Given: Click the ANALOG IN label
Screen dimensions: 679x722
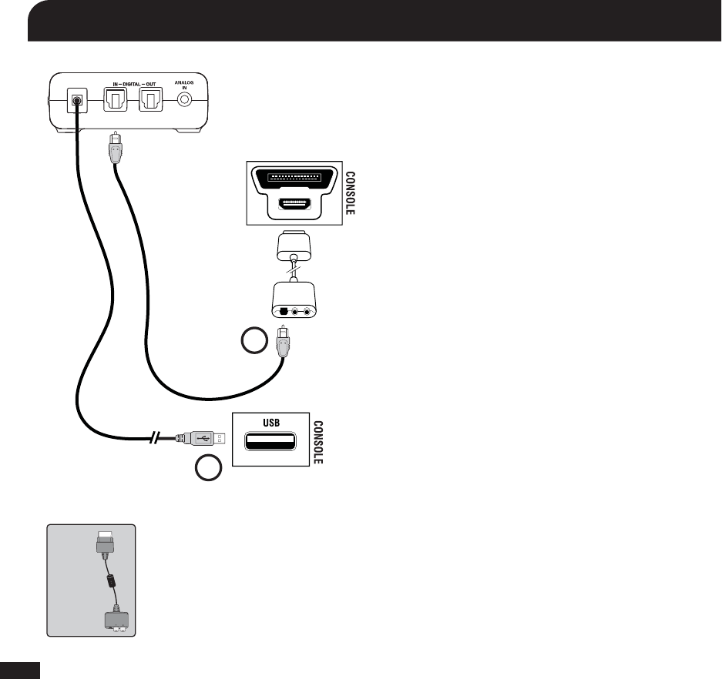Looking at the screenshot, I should tap(185, 85).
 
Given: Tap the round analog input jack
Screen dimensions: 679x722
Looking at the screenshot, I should tap(185, 102).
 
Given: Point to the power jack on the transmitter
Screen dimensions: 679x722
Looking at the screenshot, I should tap(76, 101).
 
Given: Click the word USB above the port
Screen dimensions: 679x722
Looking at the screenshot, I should tap(270, 423).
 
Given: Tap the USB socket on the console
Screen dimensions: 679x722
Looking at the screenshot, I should tap(270, 442).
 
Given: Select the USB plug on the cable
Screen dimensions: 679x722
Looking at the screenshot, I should tap(203, 438).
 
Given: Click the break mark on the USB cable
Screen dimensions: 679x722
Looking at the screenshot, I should tap(157, 439).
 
